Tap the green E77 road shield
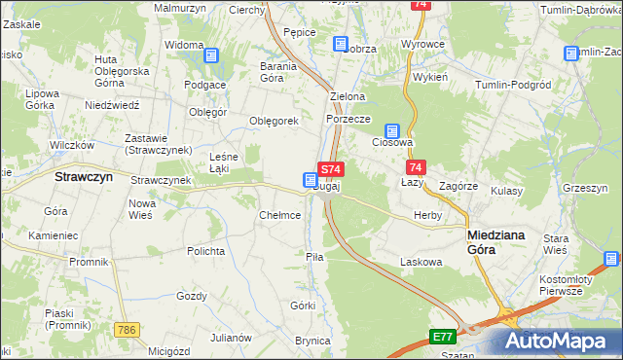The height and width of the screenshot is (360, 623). [443, 337]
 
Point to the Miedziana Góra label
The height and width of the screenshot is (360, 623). [496, 242]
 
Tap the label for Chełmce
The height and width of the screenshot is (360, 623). [279, 215]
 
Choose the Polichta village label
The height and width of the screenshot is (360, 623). [206, 250]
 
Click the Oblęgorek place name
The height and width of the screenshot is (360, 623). [273, 121]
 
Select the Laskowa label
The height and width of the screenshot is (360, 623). [421, 262]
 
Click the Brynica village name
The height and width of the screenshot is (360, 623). [313, 341]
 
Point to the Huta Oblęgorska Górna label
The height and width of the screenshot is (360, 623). [121, 71]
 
